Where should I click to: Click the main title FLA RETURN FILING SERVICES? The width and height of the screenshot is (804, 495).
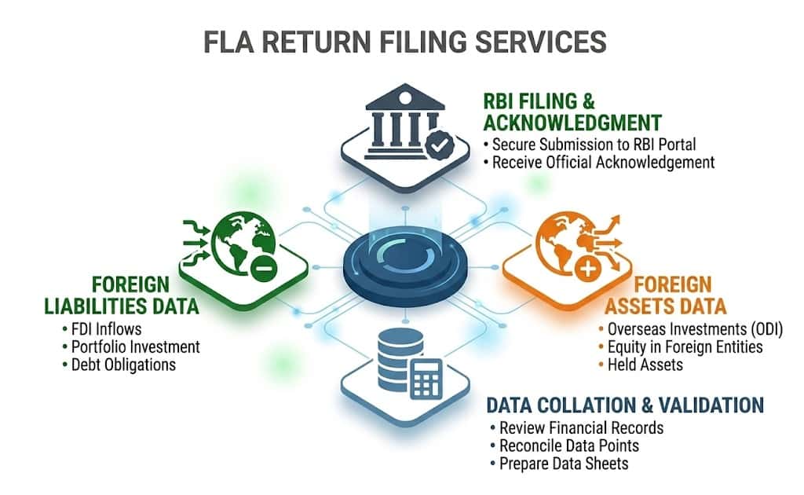pos(405,42)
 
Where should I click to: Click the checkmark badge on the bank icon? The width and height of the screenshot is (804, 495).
pos(440,145)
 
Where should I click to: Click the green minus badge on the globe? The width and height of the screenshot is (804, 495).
pos(264,267)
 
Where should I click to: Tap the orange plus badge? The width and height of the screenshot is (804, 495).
pos(588,268)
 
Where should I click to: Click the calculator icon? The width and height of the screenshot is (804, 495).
pos(426,379)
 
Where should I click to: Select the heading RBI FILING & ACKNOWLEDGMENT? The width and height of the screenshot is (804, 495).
pos(572,112)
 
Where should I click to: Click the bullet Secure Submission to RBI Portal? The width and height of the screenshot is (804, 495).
pos(590,145)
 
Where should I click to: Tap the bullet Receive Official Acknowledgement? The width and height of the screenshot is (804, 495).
pos(599,163)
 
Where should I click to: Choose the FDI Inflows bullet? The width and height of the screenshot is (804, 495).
pos(101,328)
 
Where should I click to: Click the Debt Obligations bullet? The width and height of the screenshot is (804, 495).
pos(119,365)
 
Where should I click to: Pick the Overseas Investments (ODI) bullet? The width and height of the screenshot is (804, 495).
pos(691,329)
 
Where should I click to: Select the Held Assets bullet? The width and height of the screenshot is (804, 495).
pos(641,365)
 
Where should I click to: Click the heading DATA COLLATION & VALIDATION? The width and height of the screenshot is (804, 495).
pos(625,405)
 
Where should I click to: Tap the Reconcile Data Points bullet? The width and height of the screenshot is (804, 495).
pos(565,445)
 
